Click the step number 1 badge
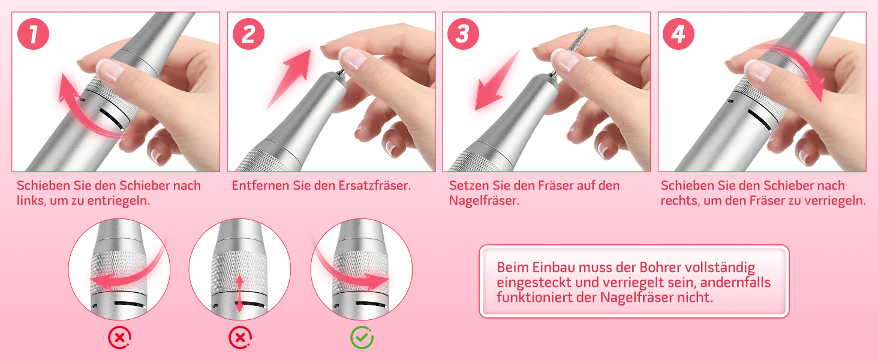[x=34, y=34]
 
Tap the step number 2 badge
[x=248, y=34]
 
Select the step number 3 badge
[x=464, y=34]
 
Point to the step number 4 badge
[x=678, y=34]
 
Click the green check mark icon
[x=362, y=337]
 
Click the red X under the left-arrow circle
[x=120, y=337]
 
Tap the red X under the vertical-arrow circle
[x=240, y=337]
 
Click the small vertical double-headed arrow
[x=240, y=294]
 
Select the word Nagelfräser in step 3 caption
[x=484, y=201]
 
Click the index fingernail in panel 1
[x=109, y=70]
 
